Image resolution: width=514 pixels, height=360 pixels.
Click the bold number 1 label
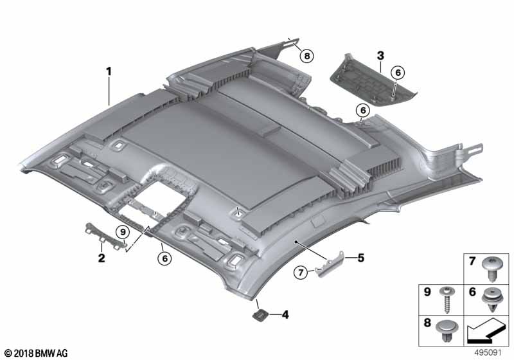[x=109, y=71]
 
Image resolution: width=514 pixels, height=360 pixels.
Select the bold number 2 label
[x=102, y=258]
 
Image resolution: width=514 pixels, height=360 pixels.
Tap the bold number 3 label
[x=380, y=56]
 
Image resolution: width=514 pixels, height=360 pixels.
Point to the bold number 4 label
[x=285, y=315]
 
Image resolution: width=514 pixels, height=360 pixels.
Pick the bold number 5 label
[x=360, y=258]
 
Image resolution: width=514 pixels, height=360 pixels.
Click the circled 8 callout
[x=307, y=56]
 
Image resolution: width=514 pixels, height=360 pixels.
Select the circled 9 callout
[x=123, y=233]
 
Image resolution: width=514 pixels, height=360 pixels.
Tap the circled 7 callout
[x=301, y=272]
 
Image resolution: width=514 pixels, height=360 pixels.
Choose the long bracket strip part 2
[x=105, y=235]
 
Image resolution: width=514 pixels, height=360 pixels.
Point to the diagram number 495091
[x=488, y=353]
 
